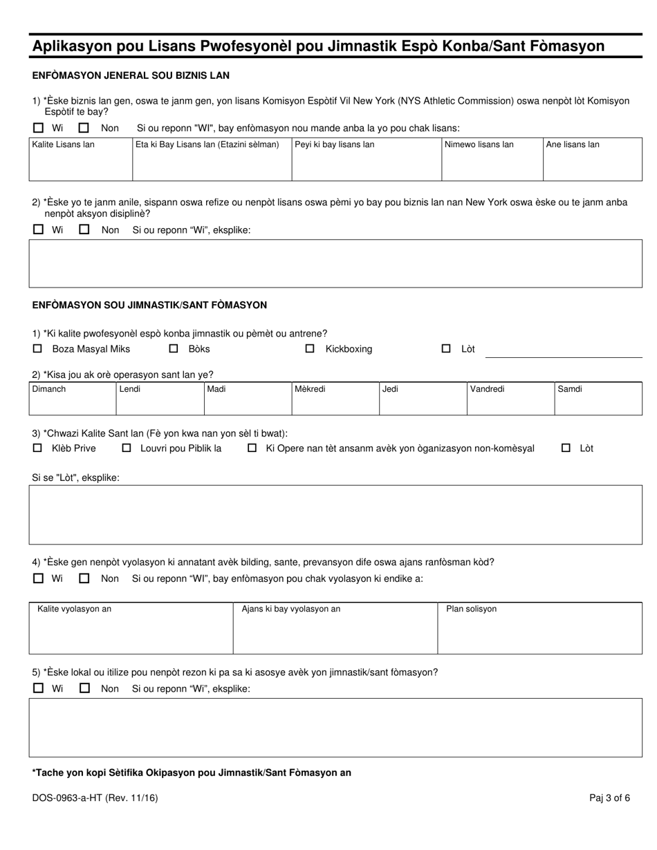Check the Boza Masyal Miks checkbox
coord(38,349)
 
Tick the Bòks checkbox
coord(174,349)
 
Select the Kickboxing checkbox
coord(310,349)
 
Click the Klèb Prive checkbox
coord(38,448)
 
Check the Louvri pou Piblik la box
coord(127,448)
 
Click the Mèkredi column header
coord(310,389)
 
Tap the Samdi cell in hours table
coord(598,398)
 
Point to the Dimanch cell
coord(72,398)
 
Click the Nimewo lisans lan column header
coord(479,144)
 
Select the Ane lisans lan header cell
coord(573,144)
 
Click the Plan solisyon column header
coord(471,609)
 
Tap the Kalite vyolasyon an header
coord(74,609)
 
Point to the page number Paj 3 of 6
coord(609,798)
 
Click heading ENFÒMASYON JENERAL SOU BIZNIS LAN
coord(131,75)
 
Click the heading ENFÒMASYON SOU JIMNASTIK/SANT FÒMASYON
coord(149,305)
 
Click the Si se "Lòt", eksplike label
coord(75,478)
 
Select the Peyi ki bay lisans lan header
coord(335,144)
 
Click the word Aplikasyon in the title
coord(76,46)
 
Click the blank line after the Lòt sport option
coord(564,354)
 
